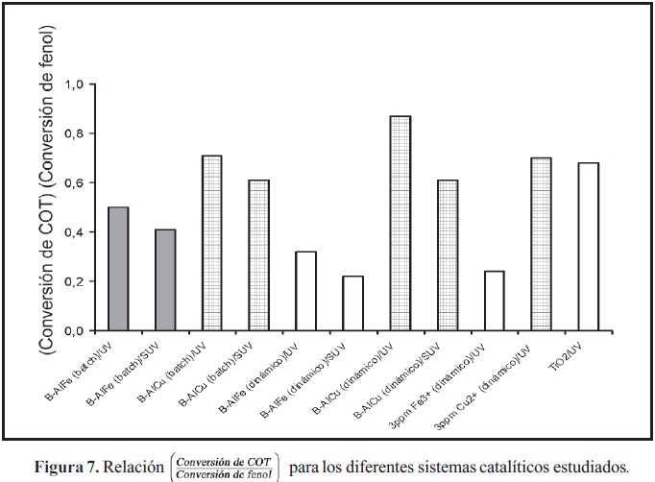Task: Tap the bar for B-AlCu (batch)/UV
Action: tap(211, 243)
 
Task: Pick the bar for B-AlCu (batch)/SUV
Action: tap(258, 255)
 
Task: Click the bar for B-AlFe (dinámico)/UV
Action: tap(305, 291)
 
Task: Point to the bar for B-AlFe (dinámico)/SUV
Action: tap(352, 303)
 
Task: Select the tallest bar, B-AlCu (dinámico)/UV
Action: tap(400, 223)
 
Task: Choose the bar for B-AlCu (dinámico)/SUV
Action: tap(447, 255)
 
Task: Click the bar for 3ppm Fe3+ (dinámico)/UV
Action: tap(494, 301)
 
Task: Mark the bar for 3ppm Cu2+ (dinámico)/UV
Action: tap(541, 244)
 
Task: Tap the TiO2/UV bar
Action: tap(588, 247)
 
